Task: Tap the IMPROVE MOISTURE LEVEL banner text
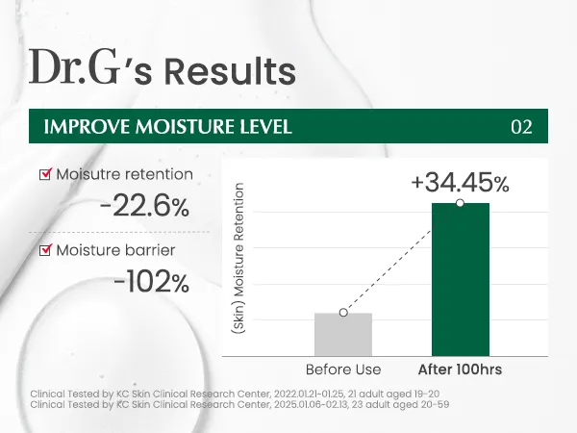pos(161,127)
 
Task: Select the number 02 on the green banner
pos(521,127)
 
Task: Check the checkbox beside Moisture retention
pos(44,174)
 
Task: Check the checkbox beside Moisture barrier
pos(44,251)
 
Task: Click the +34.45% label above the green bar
pos(460,181)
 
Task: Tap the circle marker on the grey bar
pos(343,313)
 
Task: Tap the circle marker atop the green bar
pos(460,203)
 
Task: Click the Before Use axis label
pos(343,369)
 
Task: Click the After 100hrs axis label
pos(460,369)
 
